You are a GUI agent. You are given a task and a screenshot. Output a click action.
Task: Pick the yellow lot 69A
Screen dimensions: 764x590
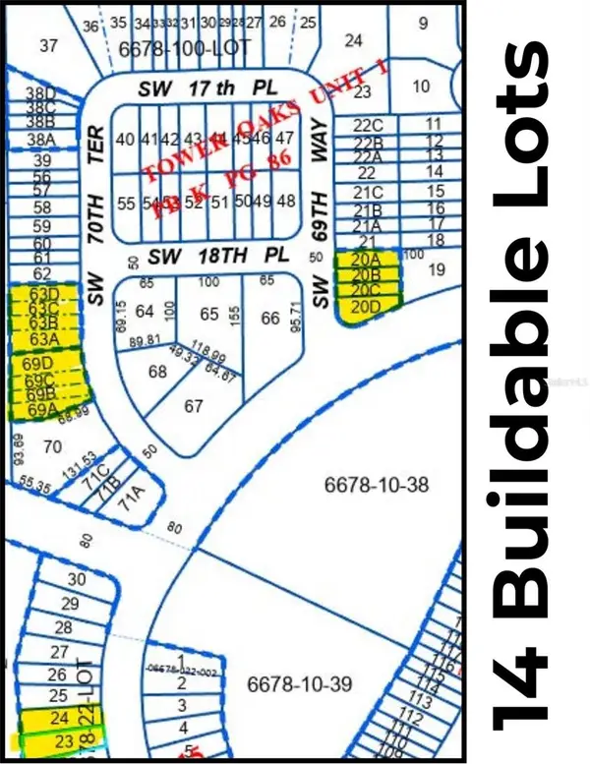[42, 408]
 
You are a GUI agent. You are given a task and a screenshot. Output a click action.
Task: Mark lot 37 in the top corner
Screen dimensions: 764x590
[48, 44]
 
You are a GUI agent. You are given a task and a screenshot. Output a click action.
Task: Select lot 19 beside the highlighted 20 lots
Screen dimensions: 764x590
[438, 268]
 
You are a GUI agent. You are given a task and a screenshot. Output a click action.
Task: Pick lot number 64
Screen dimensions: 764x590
[146, 313]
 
